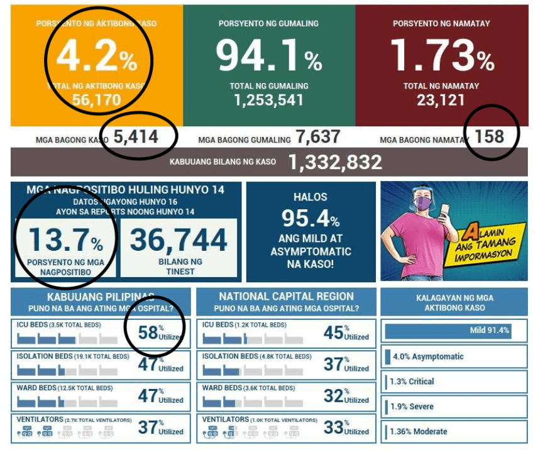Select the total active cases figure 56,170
coord(96,101)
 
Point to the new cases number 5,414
coord(136,136)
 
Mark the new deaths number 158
coord(490,136)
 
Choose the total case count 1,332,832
coord(335,162)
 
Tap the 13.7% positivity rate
coord(65,241)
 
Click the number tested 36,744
coord(179,241)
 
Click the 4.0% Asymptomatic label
coord(427,356)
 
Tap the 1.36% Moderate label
coord(418,432)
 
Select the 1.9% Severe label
coord(412,407)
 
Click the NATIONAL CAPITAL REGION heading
coord(286,297)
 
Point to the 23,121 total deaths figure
coord(441,101)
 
